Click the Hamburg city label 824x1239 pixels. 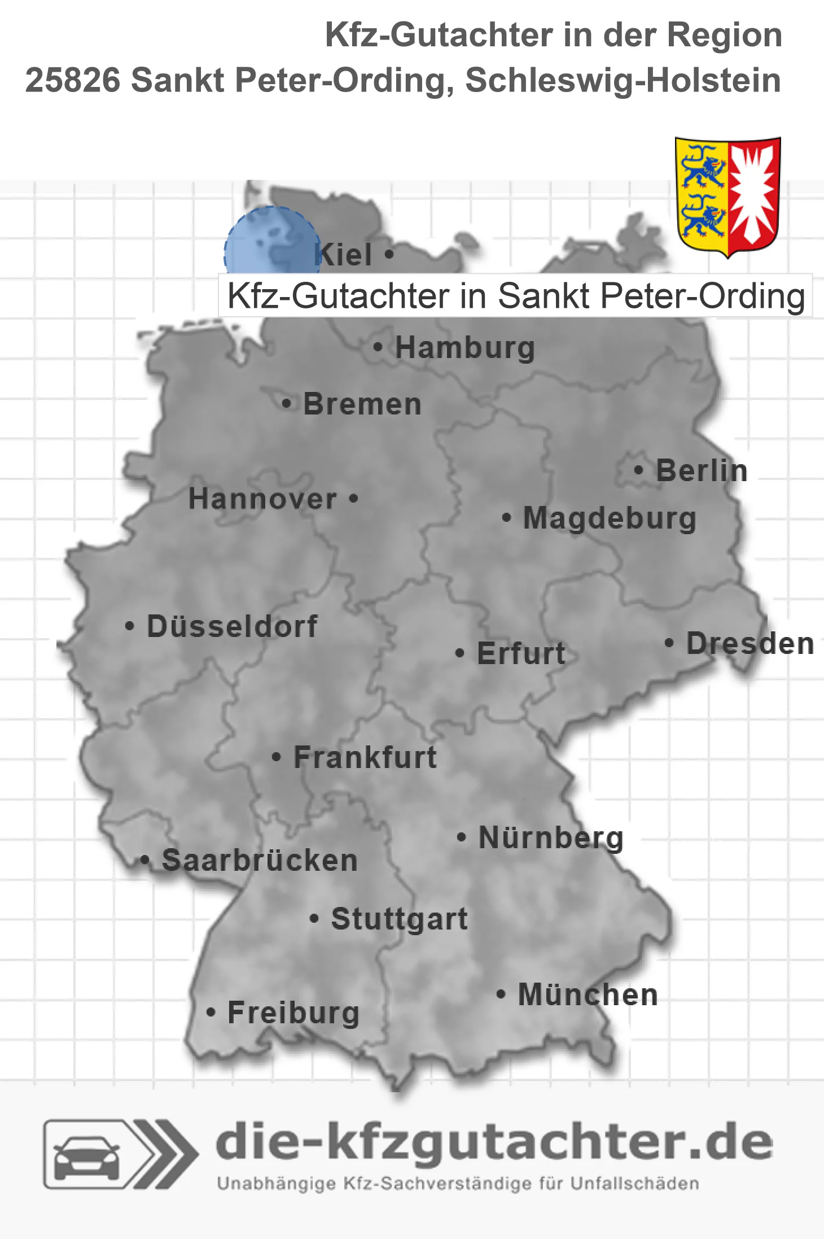tap(465, 347)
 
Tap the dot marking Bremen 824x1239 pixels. tap(287, 404)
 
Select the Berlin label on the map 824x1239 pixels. tap(702, 470)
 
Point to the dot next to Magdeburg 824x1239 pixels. tap(506, 517)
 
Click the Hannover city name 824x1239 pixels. tap(262, 499)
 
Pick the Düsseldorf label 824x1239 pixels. tap(232, 626)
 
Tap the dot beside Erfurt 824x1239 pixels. tap(459, 653)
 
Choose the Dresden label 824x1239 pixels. tap(750, 643)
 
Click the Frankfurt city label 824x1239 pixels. tap(365, 757)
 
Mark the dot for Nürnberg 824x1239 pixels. tap(461, 837)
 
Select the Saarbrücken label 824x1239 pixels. tap(260, 861)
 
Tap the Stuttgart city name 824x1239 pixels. tap(399, 919)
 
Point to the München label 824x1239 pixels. tap(588, 995)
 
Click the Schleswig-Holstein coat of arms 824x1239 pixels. tap(728, 197)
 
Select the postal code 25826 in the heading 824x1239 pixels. tap(73, 80)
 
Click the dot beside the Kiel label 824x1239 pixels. tap(389, 254)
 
